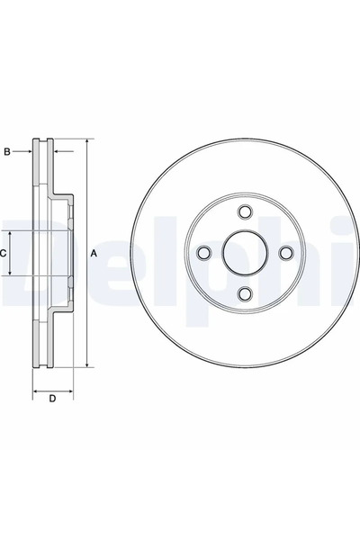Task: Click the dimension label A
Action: tap(94, 254)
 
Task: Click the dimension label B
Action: tap(7, 152)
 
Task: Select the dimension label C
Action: tap(4, 254)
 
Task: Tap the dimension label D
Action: tap(52, 399)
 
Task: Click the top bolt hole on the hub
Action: tap(244, 211)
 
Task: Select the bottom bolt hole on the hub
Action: tap(244, 294)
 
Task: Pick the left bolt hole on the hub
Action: tap(202, 253)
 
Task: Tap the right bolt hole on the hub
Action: tap(285, 253)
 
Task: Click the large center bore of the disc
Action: tap(244, 253)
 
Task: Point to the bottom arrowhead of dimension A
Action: tap(86, 364)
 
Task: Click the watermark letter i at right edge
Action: tap(354, 253)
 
